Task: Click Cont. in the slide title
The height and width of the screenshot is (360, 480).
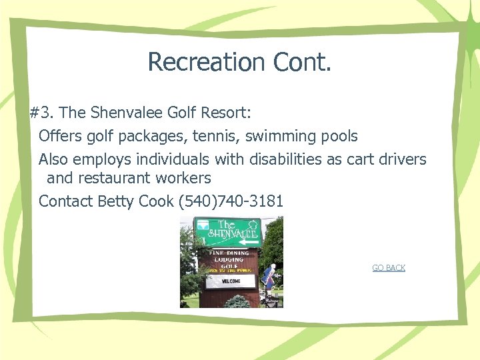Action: pos(301,62)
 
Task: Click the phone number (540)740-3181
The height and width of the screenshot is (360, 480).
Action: pos(231,201)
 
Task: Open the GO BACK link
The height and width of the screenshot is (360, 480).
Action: pos(389,268)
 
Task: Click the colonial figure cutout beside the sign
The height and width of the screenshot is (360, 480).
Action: pos(269,279)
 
